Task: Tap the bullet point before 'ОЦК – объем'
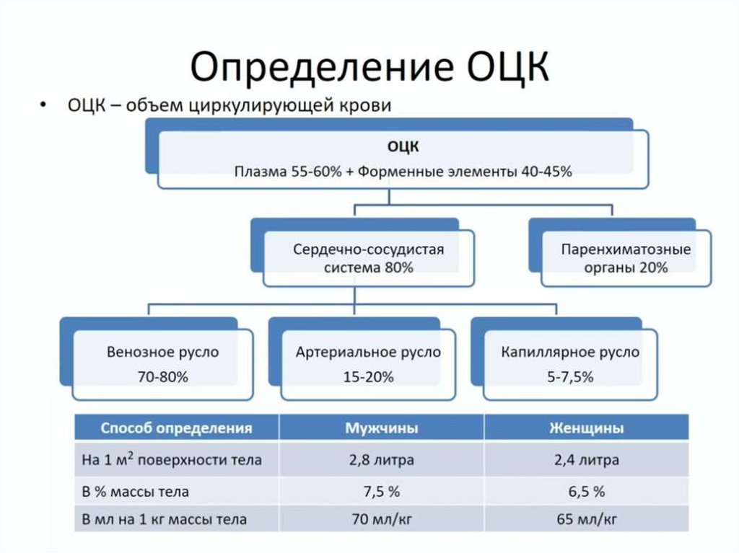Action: (x=45, y=105)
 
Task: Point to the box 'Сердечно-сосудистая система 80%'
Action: (x=368, y=258)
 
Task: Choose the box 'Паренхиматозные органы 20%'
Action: (x=626, y=258)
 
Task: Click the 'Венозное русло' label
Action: (x=162, y=353)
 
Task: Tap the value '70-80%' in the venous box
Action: (x=162, y=376)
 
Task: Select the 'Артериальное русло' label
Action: (x=368, y=353)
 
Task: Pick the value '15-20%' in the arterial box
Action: (x=368, y=376)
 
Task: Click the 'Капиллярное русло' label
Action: (x=570, y=353)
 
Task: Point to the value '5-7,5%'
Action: (x=570, y=376)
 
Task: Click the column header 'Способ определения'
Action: (x=176, y=428)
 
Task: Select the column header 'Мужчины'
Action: (x=381, y=428)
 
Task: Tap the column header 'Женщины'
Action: (x=586, y=428)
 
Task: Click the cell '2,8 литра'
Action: (x=381, y=460)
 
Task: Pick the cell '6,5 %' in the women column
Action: (x=586, y=492)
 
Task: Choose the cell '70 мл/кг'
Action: (x=381, y=518)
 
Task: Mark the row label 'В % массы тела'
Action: (x=136, y=492)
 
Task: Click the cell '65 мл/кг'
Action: (x=586, y=518)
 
